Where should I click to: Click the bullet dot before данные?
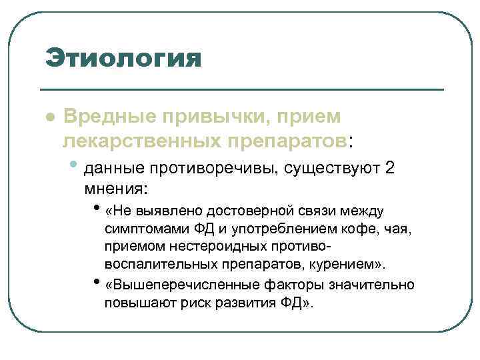click(79, 164)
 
